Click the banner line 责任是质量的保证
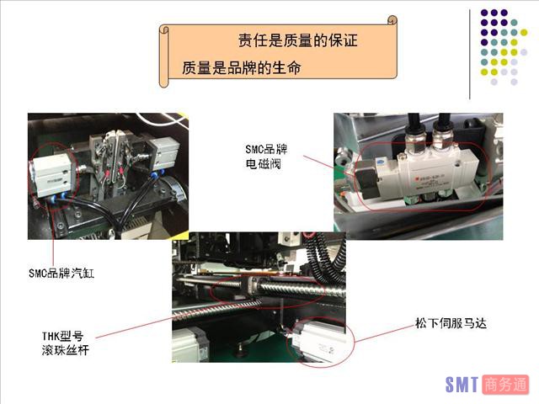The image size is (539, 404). point(298,40)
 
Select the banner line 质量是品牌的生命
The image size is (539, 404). point(242,67)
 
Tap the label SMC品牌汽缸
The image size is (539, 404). point(61,273)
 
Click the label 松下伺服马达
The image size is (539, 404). point(451,323)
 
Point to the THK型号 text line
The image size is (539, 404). point(62,336)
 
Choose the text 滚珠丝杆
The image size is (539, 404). point(66,350)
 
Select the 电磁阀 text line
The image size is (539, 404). point(264,164)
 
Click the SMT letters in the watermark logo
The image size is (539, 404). point(462,385)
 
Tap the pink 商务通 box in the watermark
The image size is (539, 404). point(505,385)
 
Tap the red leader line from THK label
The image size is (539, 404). point(135,327)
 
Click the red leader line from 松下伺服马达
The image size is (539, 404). point(385,333)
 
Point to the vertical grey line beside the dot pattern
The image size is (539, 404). point(470,54)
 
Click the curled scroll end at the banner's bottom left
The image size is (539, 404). point(164,82)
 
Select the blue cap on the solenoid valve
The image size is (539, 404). point(380,162)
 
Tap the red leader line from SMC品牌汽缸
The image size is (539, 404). point(53,237)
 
